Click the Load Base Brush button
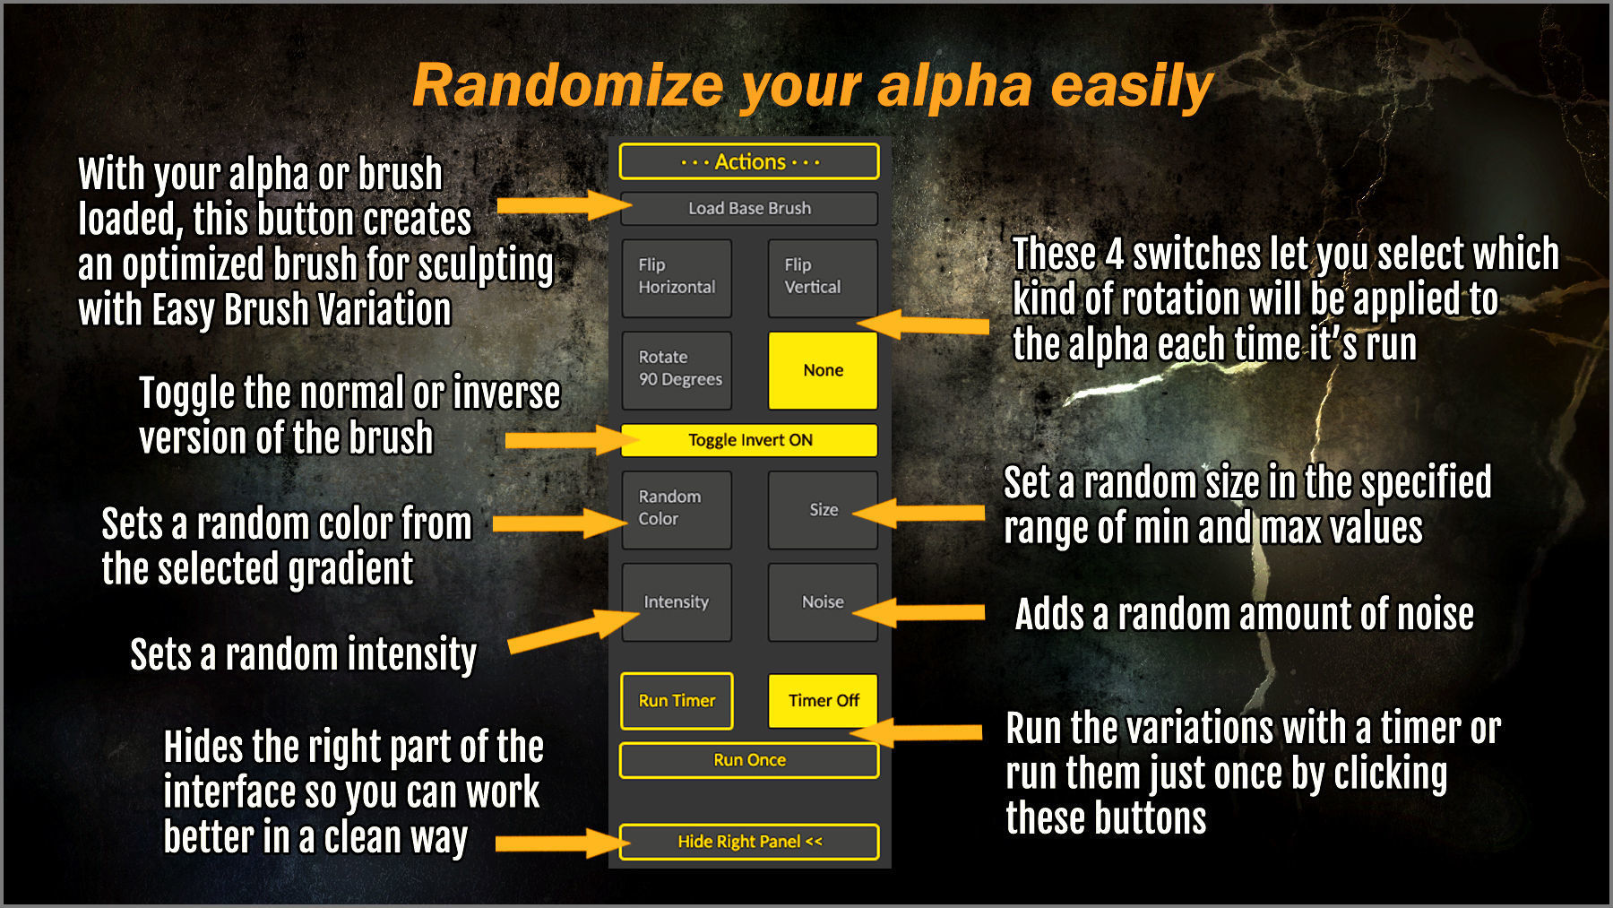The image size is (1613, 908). tap(749, 209)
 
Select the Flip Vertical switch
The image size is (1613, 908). tap(822, 277)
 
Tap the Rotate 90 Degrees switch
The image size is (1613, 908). tap(677, 368)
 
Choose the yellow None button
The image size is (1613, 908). tap(823, 370)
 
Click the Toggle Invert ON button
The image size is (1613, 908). tap(749, 440)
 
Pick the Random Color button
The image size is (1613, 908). tap(677, 508)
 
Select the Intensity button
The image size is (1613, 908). tap(677, 602)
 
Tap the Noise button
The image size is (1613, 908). tap(823, 602)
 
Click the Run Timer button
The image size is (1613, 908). tap(677, 701)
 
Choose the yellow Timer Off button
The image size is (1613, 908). tap(823, 701)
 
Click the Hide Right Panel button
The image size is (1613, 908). tap(749, 842)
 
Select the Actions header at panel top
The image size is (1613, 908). tap(749, 162)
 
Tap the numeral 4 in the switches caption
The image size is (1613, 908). tap(1114, 255)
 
